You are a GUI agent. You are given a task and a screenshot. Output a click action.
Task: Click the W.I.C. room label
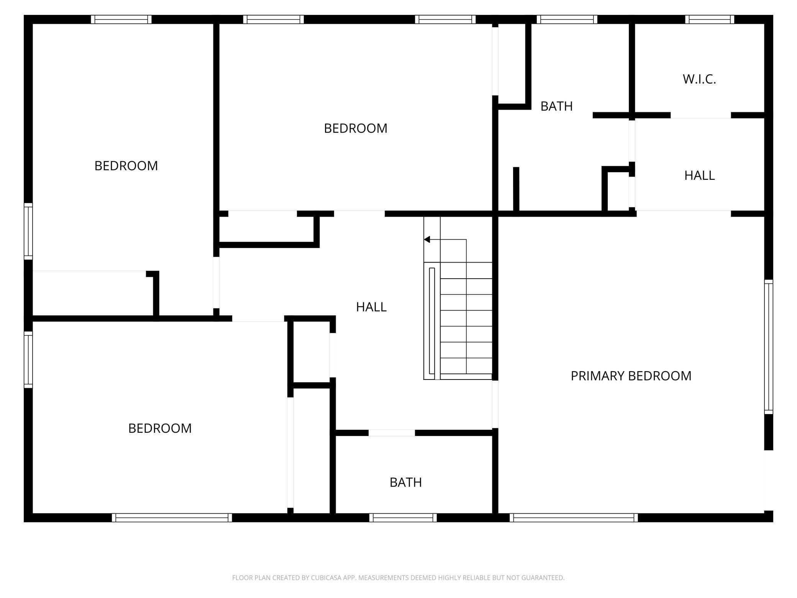pos(699,79)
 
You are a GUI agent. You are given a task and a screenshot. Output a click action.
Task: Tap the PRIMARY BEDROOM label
pos(631,376)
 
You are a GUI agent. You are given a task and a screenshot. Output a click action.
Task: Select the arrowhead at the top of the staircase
pos(427,240)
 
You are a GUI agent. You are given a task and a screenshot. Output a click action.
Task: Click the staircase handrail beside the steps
pos(432,321)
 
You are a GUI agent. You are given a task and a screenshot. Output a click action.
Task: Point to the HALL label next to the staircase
pos(371,307)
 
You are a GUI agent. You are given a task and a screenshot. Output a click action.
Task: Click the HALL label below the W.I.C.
pos(699,176)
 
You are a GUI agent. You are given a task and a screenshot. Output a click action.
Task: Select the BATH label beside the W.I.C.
pos(556,106)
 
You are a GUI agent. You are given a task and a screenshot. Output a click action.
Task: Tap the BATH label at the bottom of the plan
pos(405,482)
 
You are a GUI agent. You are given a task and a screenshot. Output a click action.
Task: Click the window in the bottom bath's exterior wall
pos(403,517)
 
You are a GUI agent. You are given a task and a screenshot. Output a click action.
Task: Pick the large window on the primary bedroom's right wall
pos(768,347)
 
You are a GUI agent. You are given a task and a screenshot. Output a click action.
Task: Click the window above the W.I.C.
pos(709,20)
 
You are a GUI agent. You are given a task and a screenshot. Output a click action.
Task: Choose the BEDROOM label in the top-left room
pos(126,166)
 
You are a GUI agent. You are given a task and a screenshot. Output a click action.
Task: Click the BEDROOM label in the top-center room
pos(355,128)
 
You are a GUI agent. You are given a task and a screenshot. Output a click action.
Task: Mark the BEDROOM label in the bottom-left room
pos(160,428)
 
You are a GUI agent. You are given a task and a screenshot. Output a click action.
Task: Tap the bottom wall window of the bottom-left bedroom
pos(172,517)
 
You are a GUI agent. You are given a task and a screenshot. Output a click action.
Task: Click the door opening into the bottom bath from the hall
pos(392,433)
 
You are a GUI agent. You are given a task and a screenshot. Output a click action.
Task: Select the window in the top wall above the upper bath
pos(567,20)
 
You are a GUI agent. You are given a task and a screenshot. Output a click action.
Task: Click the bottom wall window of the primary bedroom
pos(574,517)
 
